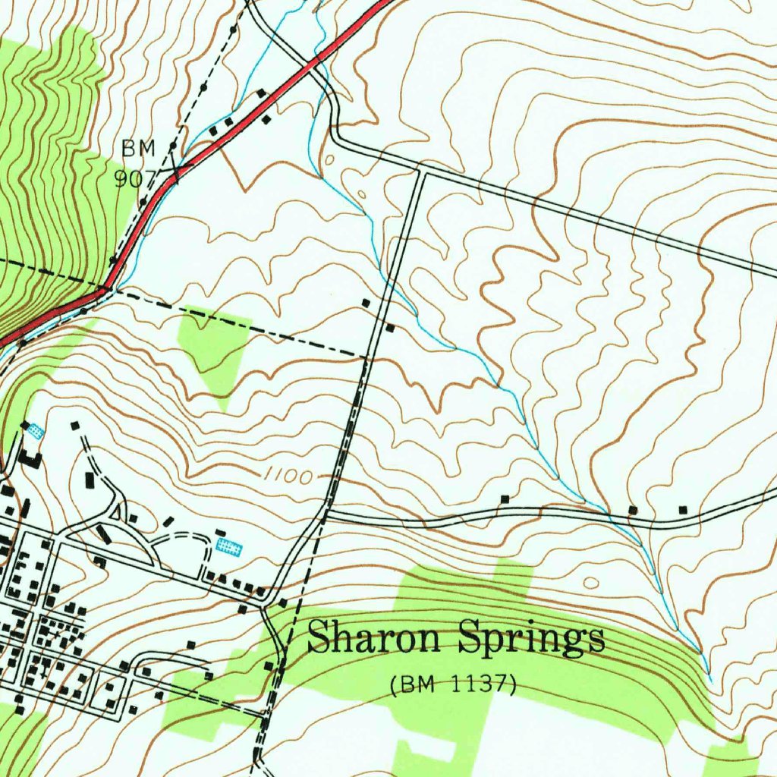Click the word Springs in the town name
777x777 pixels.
(x=531, y=639)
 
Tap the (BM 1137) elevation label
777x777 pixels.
(x=453, y=684)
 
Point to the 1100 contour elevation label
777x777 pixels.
(x=289, y=477)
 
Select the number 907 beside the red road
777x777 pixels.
(x=134, y=178)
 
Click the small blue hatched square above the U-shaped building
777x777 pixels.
(x=35, y=431)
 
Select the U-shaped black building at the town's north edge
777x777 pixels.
(x=30, y=458)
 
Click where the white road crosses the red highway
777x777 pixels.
(x=315, y=61)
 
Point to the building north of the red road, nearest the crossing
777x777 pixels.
(x=262, y=94)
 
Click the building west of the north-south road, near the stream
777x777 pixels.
(x=366, y=303)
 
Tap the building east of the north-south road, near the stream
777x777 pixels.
(x=390, y=328)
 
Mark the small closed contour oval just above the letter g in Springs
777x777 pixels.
(x=592, y=583)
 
